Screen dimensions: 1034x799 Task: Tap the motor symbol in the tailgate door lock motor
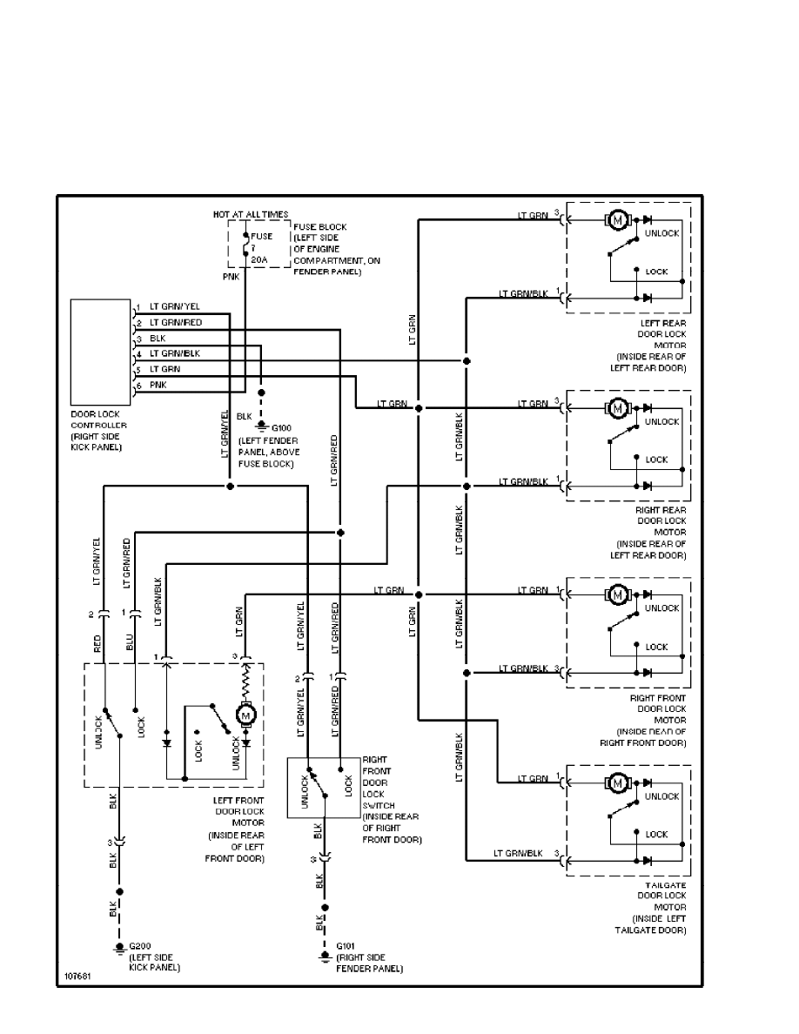coord(617,782)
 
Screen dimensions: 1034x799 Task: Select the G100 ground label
coord(282,427)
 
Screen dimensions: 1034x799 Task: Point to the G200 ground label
coord(139,946)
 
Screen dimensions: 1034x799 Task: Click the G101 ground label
coord(345,947)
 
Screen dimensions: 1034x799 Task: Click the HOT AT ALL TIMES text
coord(251,214)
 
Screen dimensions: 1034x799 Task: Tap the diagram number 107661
coord(77,975)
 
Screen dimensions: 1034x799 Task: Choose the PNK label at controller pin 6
coord(158,384)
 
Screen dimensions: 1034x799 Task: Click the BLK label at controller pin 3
coord(157,338)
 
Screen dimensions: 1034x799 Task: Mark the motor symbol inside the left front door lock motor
coord(245,715)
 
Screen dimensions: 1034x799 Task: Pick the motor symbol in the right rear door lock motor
coord(617,407)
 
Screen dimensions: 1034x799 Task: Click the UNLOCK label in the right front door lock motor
coord(661,608)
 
